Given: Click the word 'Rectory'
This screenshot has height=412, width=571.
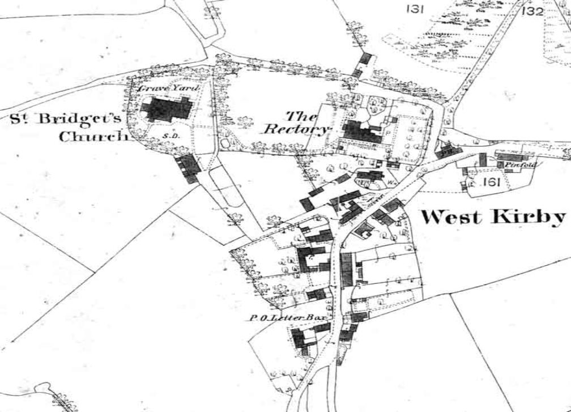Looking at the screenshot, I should (x=296, y=129).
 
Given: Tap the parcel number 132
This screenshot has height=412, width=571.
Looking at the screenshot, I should (x=532, y=11).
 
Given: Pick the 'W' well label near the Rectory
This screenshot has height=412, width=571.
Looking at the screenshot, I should (x=391, y=182).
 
